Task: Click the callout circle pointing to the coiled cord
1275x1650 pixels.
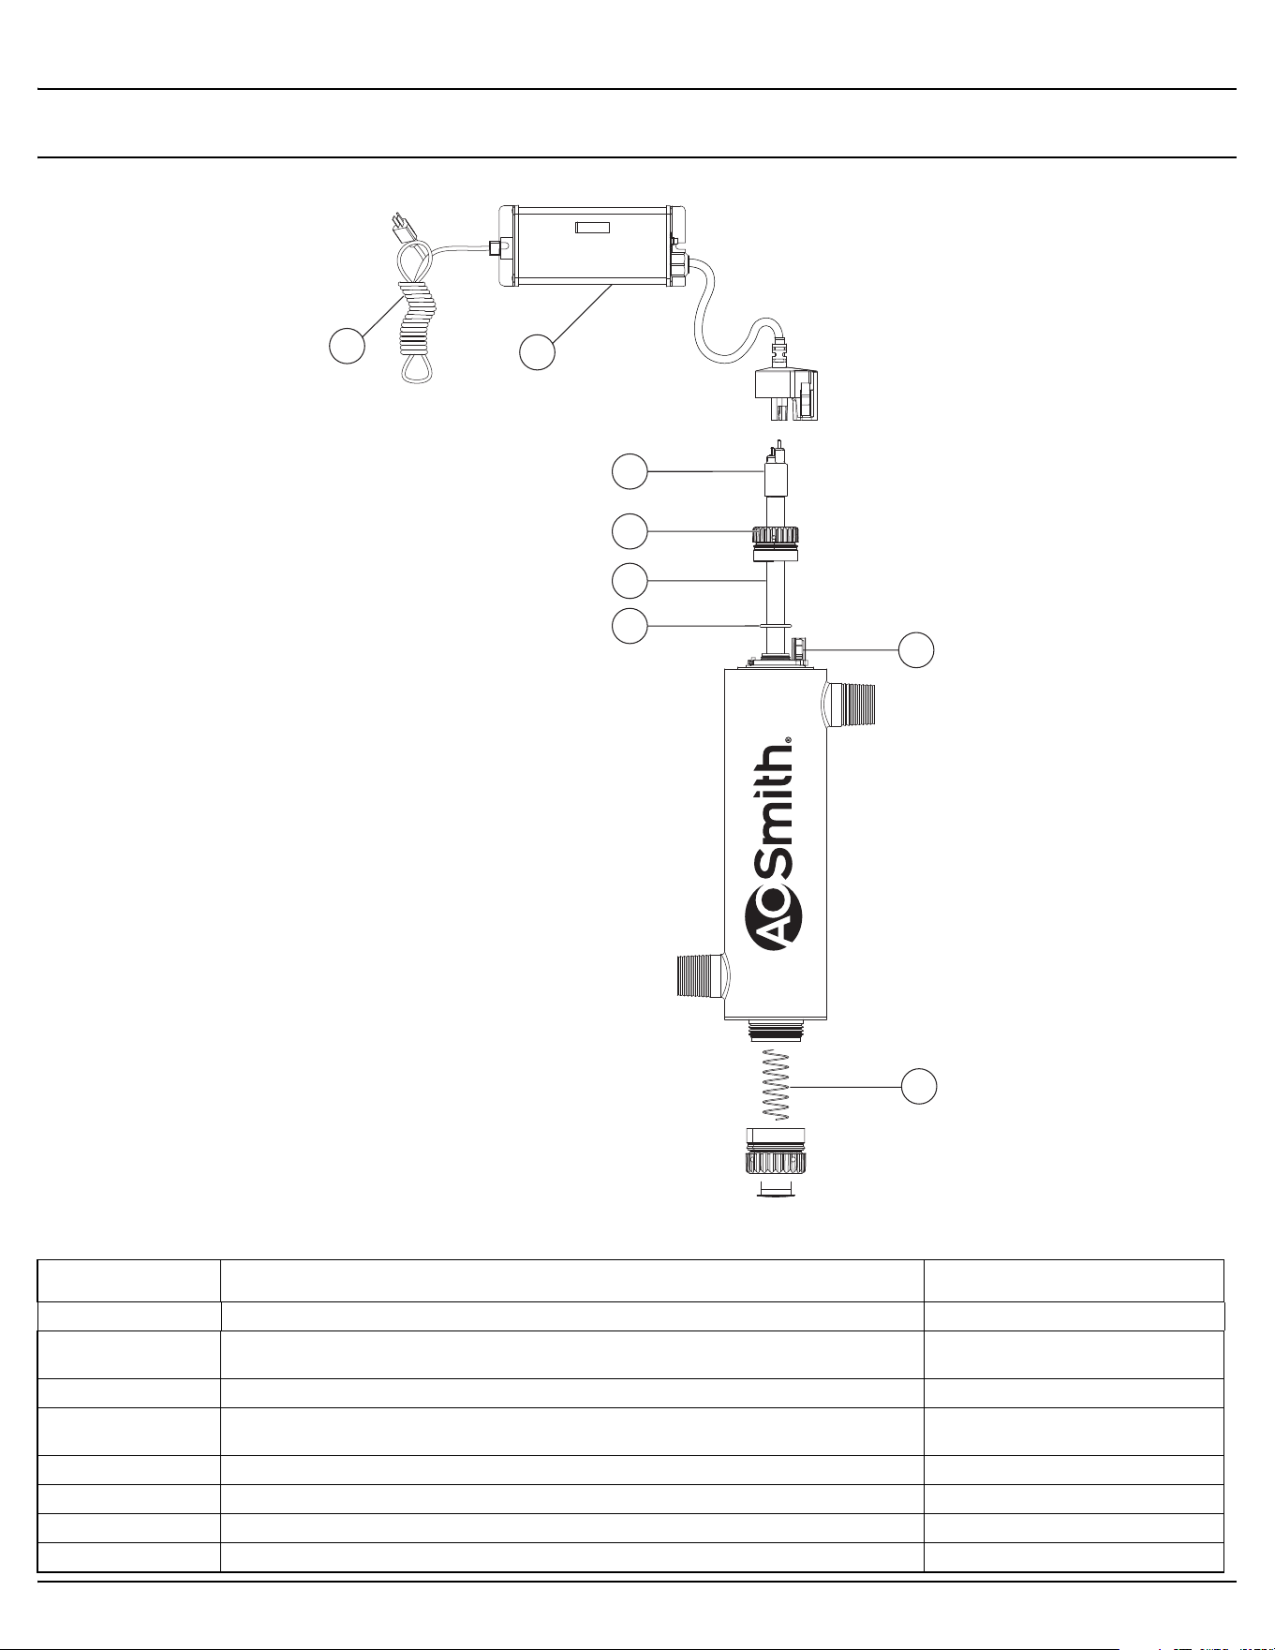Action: [x=347, y=347]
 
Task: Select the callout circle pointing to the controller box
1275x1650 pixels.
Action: [x=537, y=351]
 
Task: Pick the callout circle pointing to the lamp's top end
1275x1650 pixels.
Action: [x=630, y=471]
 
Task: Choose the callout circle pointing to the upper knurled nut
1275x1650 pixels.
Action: [x=630, y=531]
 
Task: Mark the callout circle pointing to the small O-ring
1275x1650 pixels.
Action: [x=630, y=625]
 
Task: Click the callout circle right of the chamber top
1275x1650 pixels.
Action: [x=917, y=649]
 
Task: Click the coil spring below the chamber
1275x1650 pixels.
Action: [x=777, y=1085]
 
